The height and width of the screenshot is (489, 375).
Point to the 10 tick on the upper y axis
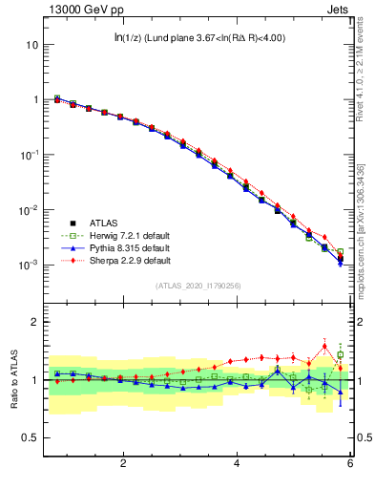(32, 45)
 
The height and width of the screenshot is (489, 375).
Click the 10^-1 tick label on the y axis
(31, 155)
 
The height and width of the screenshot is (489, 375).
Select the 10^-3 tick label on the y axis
(31, 265)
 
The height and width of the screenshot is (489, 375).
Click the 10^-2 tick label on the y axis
(31, 210)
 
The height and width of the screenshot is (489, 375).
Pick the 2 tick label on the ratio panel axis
(35, 322)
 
